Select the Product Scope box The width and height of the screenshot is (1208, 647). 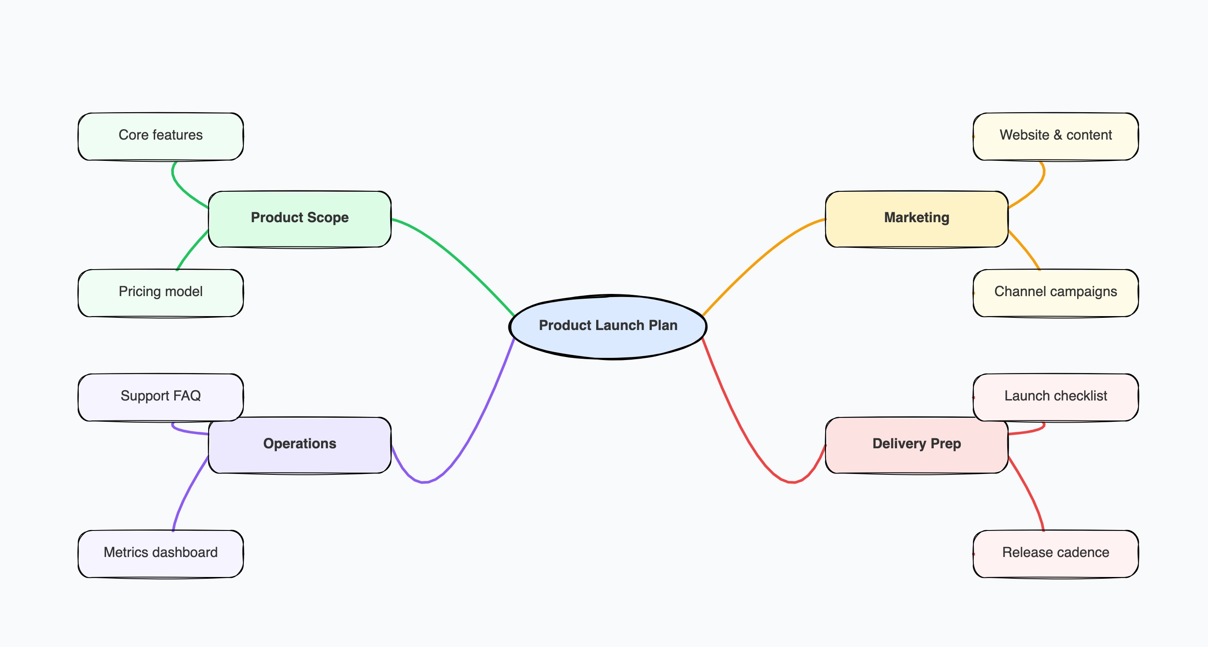[x=300, y=219]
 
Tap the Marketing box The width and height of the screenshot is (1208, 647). [x=916, y=219]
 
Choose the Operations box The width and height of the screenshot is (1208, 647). [x=300, y=445]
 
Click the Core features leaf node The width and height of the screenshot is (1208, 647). [x=160, y=136]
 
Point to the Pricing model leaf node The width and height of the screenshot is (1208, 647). [x=160, y=293]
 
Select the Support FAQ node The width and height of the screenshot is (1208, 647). [x=160, y=397]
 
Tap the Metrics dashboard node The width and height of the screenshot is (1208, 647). [x=160, y=554]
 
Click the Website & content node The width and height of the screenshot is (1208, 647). [x=1055, y=136]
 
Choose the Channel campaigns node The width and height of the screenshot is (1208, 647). [x=1055, y=293]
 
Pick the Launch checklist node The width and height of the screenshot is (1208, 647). [x=1055, y=397]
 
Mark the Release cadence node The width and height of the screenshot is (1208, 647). [x=1055, y=554]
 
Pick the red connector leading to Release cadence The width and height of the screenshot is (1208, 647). [x=1029, y=493]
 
